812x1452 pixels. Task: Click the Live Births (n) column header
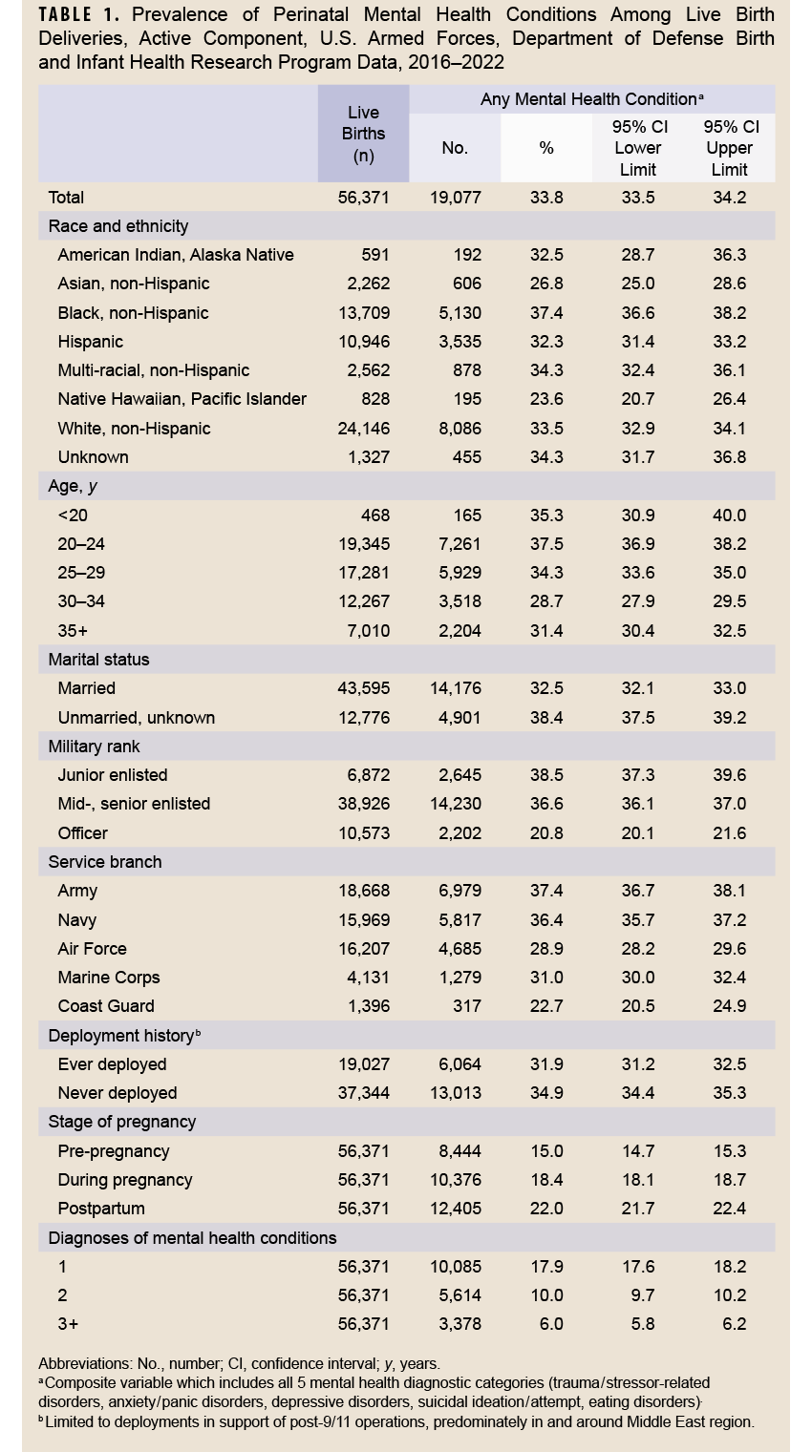click(363, 135)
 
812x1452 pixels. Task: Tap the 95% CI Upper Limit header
click(730, 148)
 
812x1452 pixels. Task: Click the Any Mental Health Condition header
click(591, 99)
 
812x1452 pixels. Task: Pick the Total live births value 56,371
click(363, 198)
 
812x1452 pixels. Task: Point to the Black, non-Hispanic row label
click(133, 313)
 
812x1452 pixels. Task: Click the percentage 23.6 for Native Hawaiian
click(546, 399)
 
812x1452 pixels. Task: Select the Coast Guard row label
click(106, 1006)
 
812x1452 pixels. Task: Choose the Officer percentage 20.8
click(546, 833)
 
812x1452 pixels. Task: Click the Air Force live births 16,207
click(363, 949)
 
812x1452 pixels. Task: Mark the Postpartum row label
click(101, 1209)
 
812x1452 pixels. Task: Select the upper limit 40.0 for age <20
click(729, 516)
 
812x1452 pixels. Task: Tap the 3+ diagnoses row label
click(68, 1324)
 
